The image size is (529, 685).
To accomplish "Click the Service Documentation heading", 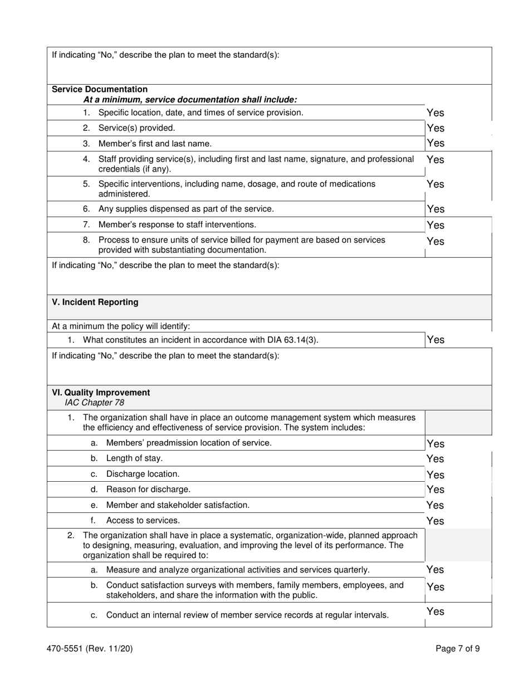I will coord(100,89).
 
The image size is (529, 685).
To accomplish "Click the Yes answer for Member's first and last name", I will coord(435,143).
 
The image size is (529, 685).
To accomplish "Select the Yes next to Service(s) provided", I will coord(435,128).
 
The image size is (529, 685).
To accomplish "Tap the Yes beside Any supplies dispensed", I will coord(435,209).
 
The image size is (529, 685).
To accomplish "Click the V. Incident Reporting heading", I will coord(95,302).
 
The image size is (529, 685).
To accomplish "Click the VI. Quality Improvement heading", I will coord(101,393).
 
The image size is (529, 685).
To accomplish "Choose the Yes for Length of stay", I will coord(435,459).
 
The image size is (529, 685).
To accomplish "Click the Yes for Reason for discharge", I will coord(435,490).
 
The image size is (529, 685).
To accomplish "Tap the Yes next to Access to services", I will coord(435,521).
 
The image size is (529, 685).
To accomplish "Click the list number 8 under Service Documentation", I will coord(86,240).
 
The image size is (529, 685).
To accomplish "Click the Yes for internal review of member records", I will coord(435,611).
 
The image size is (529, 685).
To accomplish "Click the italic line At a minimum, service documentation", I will coord(190,100).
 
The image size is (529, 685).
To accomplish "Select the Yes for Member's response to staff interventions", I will coord(435,225).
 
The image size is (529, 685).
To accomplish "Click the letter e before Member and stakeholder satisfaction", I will coord(94,505).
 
